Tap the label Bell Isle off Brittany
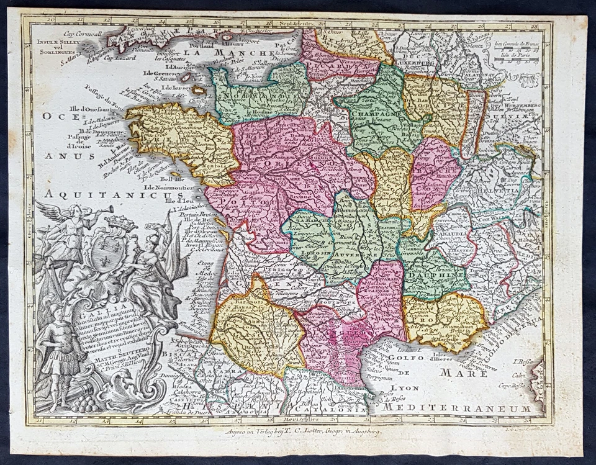(155, 176)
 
